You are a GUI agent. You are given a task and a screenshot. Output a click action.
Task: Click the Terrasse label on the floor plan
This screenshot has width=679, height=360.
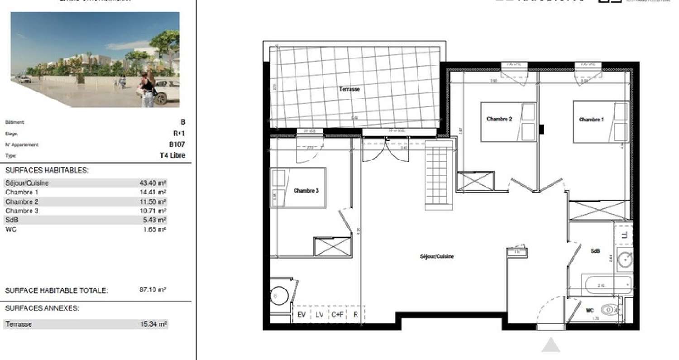coord(349,89)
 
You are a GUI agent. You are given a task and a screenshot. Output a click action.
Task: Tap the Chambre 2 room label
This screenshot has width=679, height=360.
coord(499,119)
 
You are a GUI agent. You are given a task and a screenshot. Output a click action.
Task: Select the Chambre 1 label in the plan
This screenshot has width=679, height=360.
coord(591,120)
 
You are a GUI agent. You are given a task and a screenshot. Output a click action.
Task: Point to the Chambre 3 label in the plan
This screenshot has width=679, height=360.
coord(306,191)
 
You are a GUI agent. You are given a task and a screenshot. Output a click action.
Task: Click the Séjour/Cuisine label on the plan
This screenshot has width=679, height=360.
coord(437,256)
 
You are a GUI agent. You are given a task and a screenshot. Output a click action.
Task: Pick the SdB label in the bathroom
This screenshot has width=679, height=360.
coord(595,250)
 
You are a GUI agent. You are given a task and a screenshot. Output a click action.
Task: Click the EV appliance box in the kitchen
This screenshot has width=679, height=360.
coord(301,314)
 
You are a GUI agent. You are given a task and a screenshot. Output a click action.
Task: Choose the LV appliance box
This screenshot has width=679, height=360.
coord(319,314)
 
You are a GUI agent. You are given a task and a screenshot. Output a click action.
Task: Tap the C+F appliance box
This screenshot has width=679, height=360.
coord(337,314)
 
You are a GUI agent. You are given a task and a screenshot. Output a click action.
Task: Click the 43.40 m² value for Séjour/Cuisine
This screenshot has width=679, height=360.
coord(153,183)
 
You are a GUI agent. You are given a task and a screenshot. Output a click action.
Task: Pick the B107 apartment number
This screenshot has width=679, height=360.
coord(177,144)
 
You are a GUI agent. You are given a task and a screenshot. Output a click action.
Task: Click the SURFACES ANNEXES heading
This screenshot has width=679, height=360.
coord(42,308)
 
